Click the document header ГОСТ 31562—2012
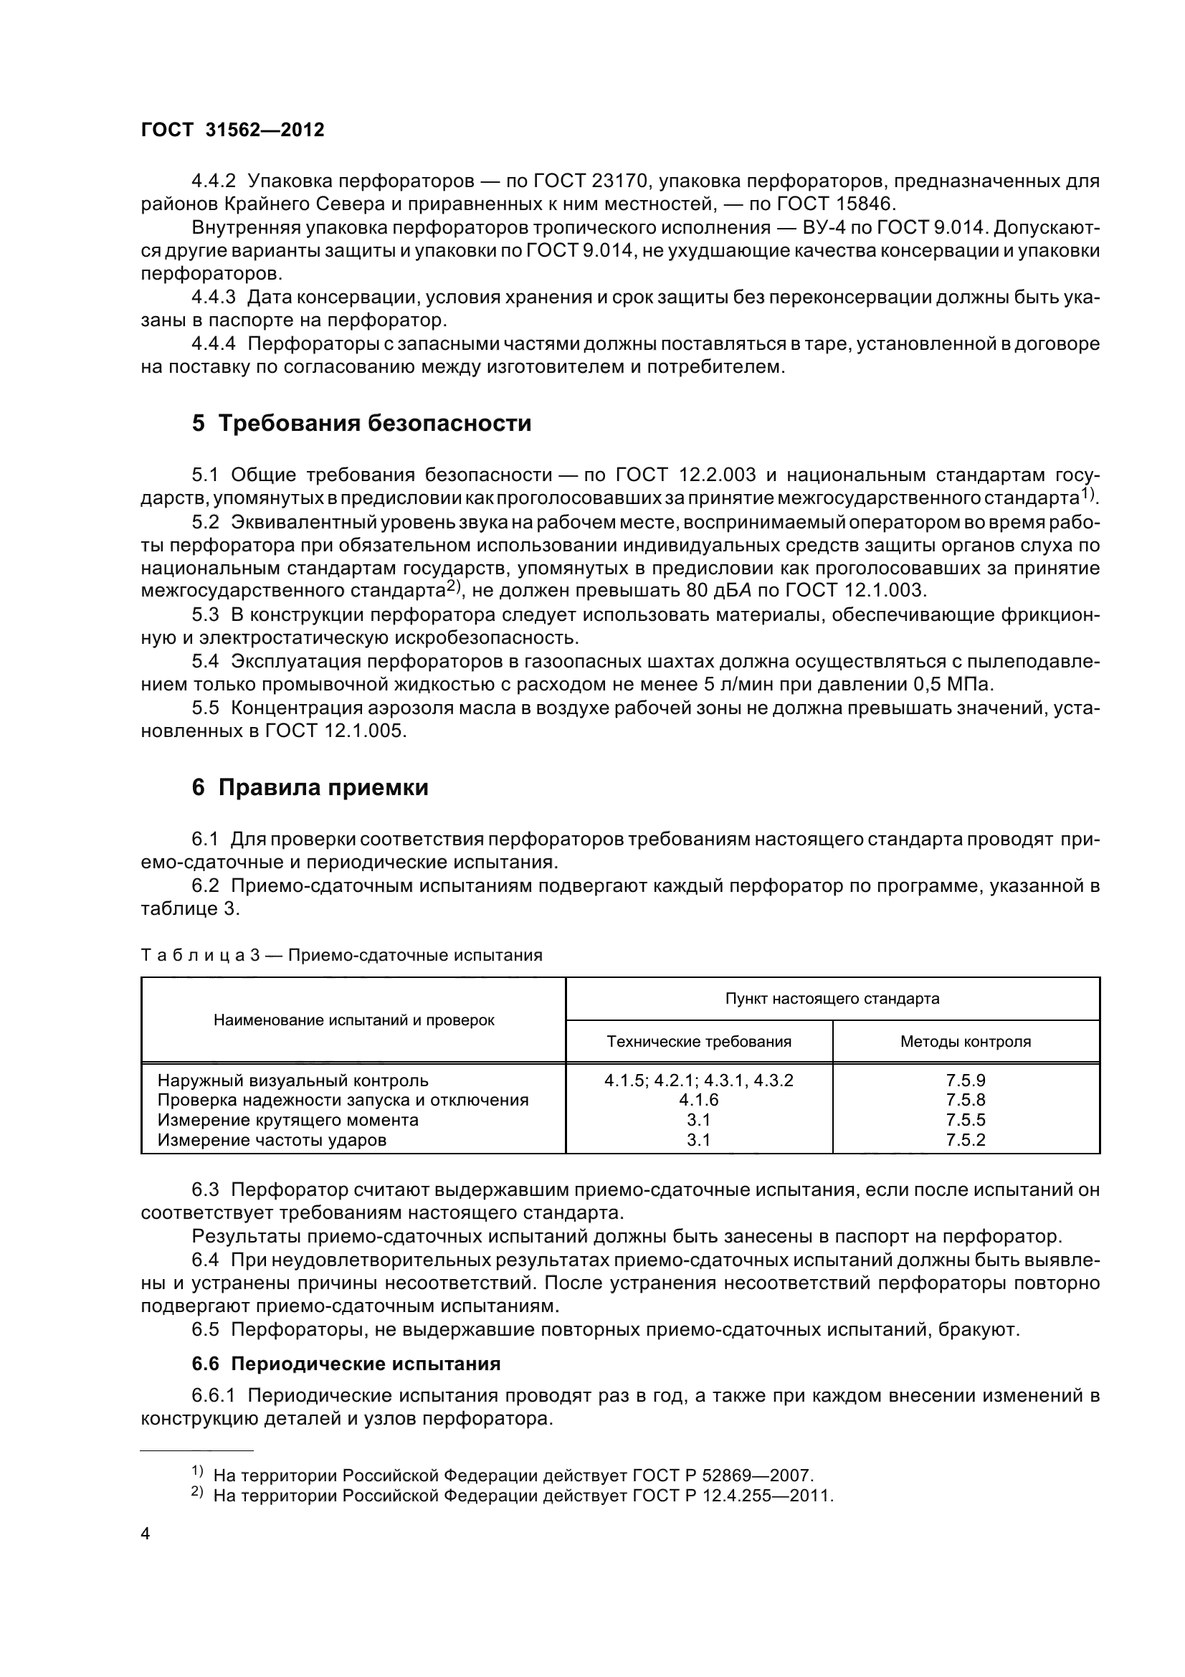[x=232, y=130]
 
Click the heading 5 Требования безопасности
[x=361, y=423]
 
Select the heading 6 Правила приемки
[x=310, y=787]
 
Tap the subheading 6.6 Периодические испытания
[x=346, y=1364]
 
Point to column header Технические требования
[x=699, y=1042]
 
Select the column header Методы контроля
[x=965, y=1042]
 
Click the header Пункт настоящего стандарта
[x=832, y=999]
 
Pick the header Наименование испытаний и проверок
[x=353, y=1020]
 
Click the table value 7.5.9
[x=965, y=1080]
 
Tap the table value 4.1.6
[x=699, y=1100]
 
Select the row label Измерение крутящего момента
[x=288, y=1120]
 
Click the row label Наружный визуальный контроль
[x=292, y=1080]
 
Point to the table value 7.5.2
[x=965, y=1139]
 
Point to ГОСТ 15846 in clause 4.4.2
[x=821, y=204]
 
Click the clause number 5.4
[x=205, y=661]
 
